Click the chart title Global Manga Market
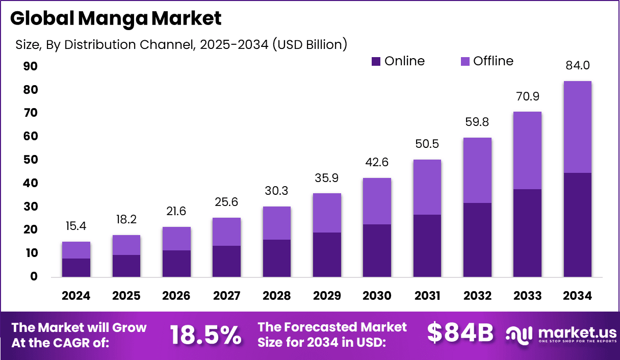coord(116,19)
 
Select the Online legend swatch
coord(376,62)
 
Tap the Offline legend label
coord(493,61)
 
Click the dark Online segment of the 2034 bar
coord(577,224)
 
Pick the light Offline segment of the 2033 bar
coord(527,150)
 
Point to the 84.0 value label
coord(577,65)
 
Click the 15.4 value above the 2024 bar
coord(76,226)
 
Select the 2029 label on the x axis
coord(326,296)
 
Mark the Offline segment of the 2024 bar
coord(76,250)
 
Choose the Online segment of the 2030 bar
coord(377,250)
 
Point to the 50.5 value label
coord(427,144)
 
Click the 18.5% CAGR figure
coord(205,335)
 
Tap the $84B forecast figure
coord(460,333)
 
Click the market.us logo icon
coord(518,335)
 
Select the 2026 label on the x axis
coord(176,296)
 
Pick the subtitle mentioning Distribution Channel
coord(180,45)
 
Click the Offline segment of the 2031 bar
coord(427,187)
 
